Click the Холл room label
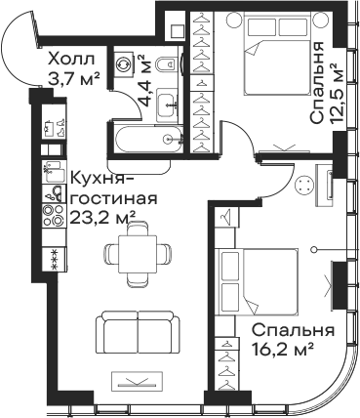point(70,60)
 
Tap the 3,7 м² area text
point(73,79)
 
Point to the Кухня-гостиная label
point(113,188)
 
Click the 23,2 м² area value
point(102,217)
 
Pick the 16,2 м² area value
point(283,350)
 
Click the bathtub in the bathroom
point(149,140)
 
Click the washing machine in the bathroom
point(123,63)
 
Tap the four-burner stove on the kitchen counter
point(54,215)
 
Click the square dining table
point(138,254)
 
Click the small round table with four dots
point(303,186)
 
